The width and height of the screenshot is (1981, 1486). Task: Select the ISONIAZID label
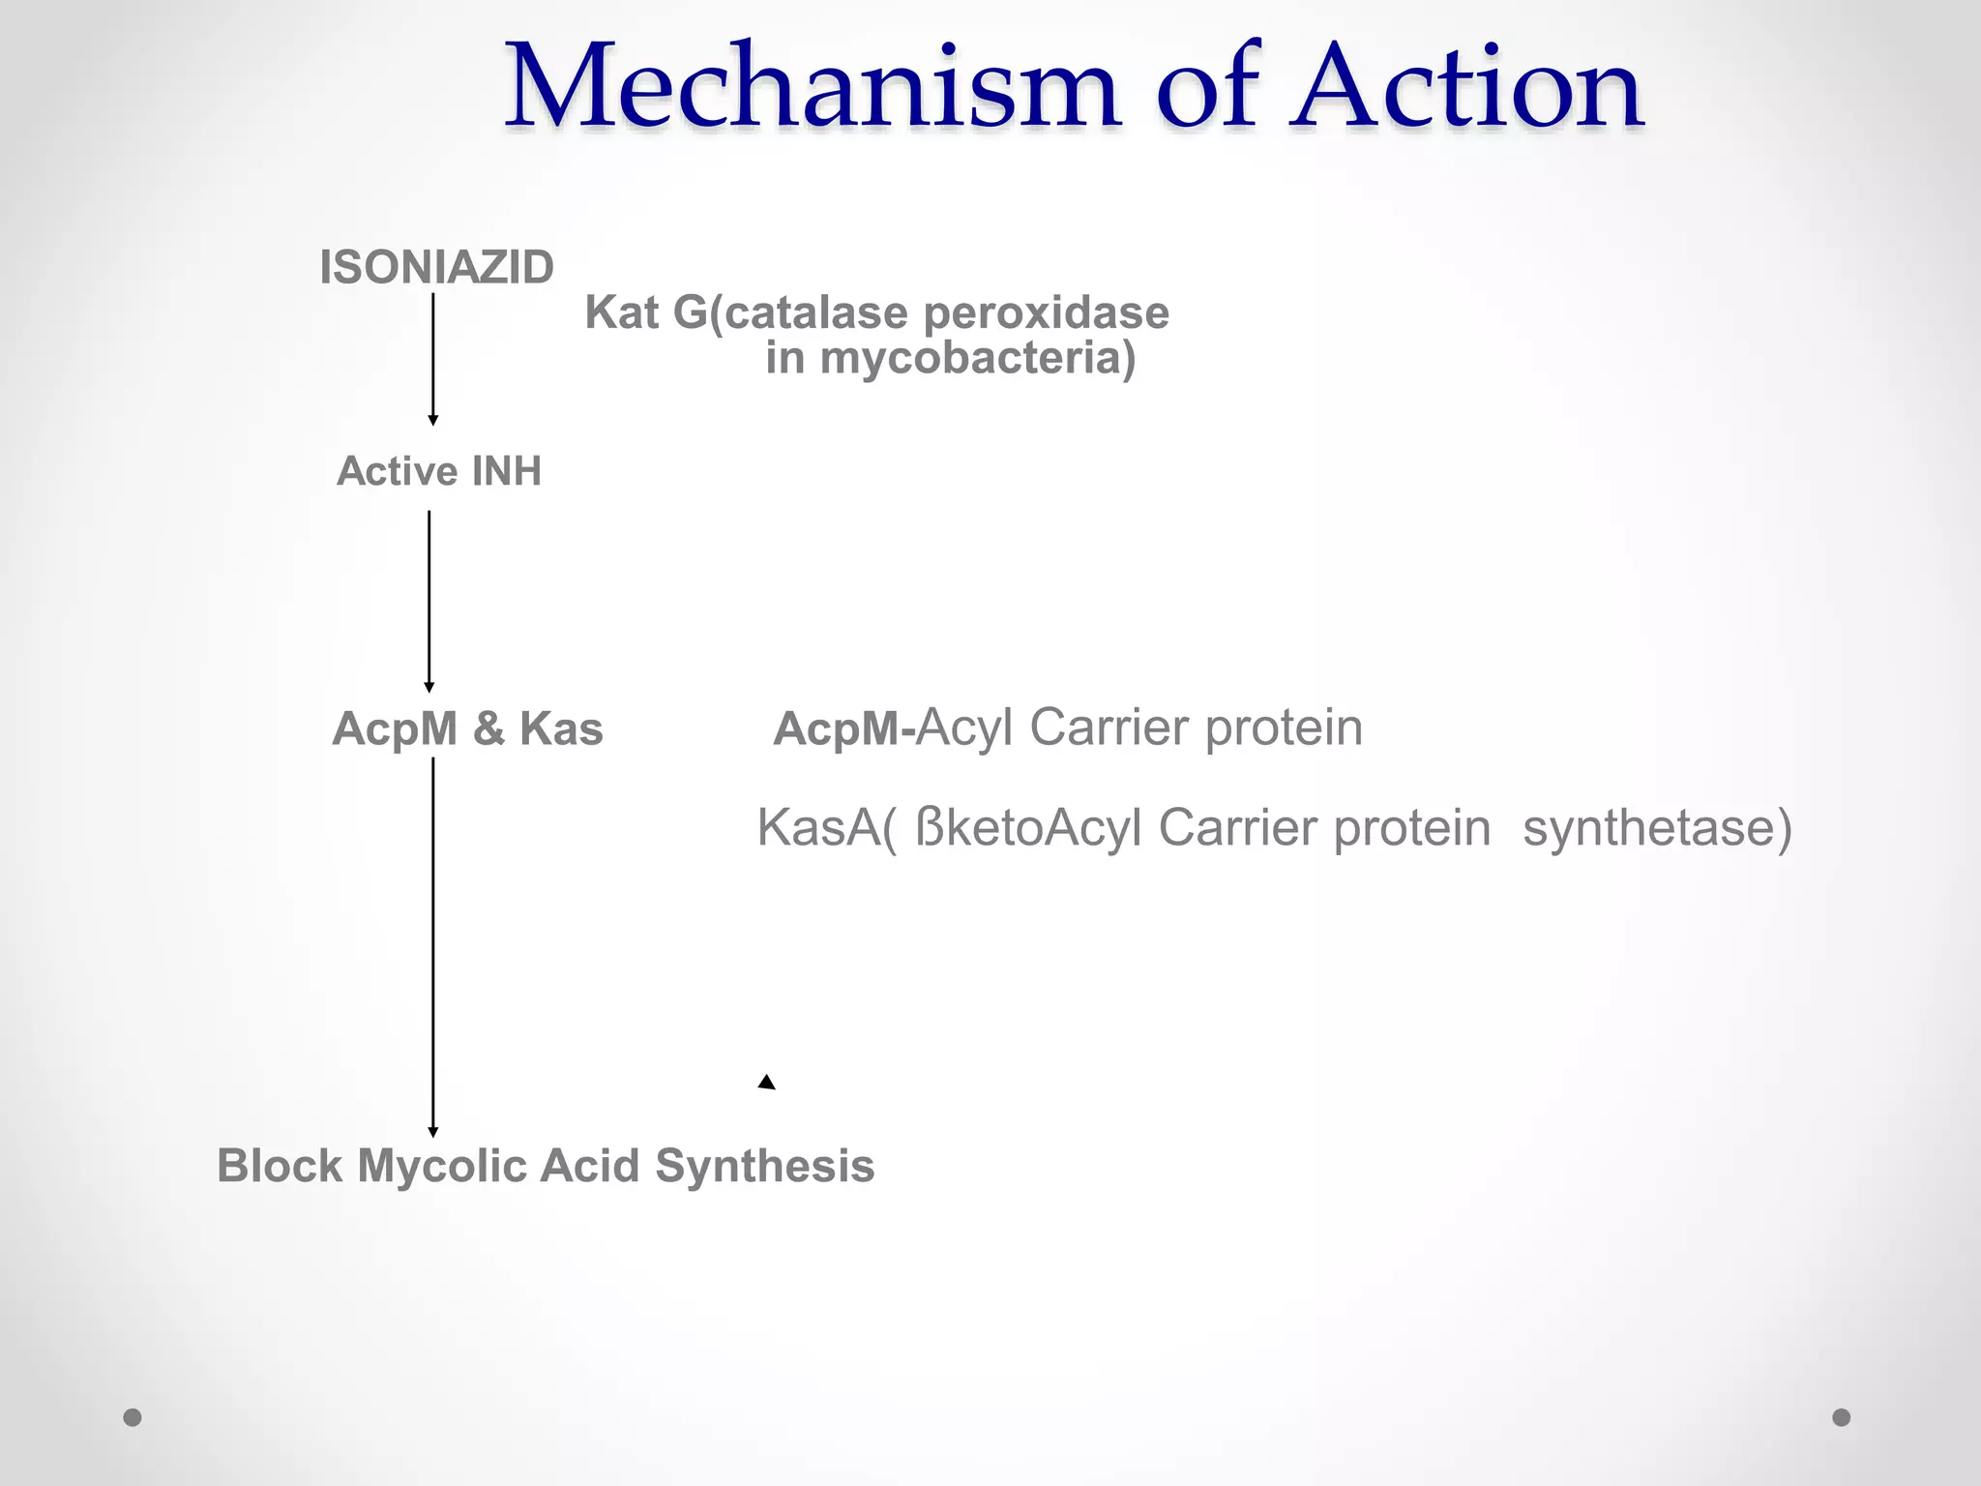436,267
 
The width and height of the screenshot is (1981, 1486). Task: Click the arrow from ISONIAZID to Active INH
432,358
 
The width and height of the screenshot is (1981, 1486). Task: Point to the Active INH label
438,471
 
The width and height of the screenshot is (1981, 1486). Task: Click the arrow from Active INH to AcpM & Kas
429,600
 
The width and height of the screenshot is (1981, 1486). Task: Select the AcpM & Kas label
467,728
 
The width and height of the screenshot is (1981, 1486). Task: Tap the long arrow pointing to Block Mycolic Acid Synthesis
432,948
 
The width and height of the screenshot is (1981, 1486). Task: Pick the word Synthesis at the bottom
764,1166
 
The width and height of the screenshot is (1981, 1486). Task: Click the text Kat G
646,313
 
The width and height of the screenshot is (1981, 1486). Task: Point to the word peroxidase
1046,313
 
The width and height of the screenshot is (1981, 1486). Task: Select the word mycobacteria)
977,358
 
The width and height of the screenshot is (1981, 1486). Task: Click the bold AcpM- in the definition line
843,729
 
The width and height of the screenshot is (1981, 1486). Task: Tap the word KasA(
826,828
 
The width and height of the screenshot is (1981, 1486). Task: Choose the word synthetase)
1657,828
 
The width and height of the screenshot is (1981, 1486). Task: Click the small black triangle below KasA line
766,1083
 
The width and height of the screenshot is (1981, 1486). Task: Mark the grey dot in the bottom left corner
133,1417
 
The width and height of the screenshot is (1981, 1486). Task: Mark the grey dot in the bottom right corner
1842,1417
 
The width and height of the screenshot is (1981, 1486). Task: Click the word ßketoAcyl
1028,828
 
